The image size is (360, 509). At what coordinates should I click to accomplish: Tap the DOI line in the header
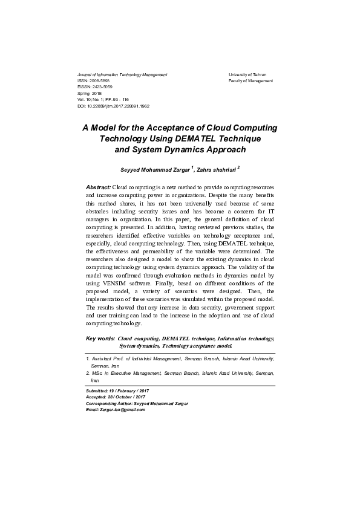114,106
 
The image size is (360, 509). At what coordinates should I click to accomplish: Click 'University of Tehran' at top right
247,74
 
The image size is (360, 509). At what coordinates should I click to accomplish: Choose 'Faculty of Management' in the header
250,80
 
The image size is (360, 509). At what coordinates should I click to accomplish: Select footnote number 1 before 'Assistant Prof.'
88,359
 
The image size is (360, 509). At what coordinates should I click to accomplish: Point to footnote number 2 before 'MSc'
88,374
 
